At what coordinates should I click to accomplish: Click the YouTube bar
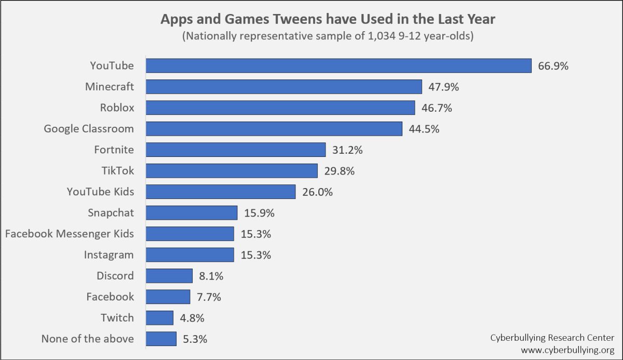point(338,65)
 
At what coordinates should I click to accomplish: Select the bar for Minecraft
point(283,87)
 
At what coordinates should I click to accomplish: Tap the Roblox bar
point(280,108)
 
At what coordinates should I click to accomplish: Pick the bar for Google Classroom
point(274,129)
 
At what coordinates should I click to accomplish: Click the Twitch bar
point(159,318)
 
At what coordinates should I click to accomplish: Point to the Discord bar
point(169,276)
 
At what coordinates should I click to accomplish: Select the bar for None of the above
point(161,339)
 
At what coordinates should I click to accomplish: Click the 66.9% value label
point(553,66)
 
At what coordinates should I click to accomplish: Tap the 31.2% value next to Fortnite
point(347,150)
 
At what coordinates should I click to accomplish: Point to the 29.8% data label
point(339,171)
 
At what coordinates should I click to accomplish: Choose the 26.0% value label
point(317,192)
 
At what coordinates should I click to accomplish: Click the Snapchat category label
point(111,212)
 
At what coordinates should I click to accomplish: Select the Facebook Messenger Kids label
point(69,234)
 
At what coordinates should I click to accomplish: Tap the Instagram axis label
point(109,255)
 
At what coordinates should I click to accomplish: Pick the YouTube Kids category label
point(100,192)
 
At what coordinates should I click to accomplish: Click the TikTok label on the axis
point(117,170)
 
